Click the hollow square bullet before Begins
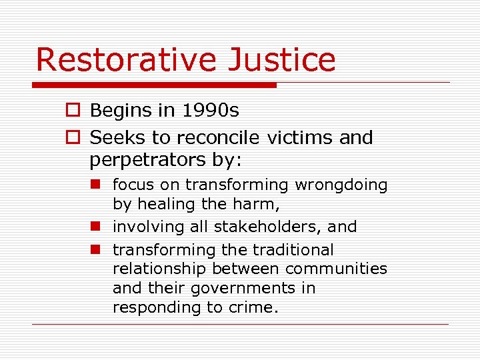click(73, 111)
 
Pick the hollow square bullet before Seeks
click(73, 138)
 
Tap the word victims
click(301, 138)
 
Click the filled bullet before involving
click(95, 227)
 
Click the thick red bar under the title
click(154, 85)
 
